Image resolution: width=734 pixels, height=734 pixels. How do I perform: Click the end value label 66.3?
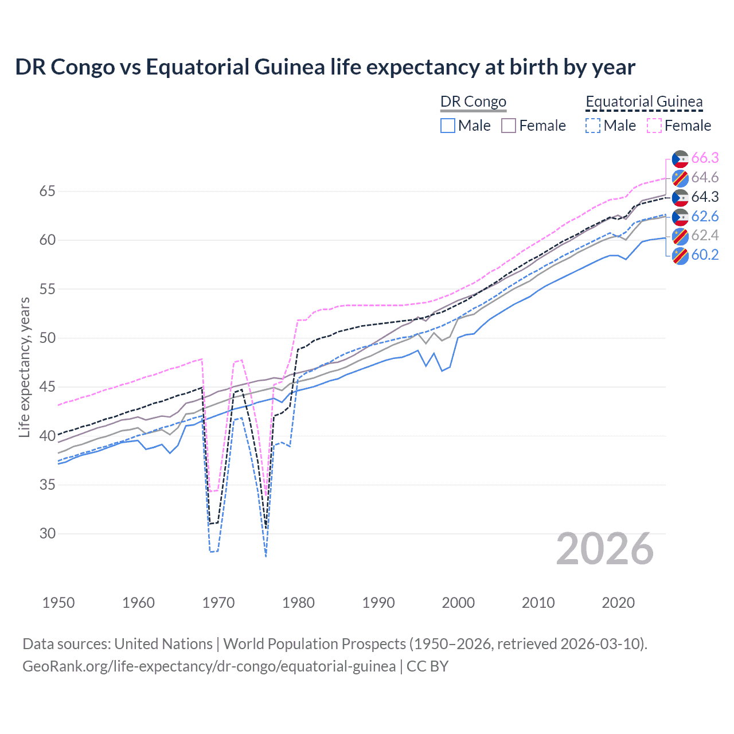[705, 158]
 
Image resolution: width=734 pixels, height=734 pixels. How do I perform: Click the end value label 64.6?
[705, 178]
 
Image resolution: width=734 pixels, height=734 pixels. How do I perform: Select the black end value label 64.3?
[705, 197]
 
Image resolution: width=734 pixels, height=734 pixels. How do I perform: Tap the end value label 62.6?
[705, 217]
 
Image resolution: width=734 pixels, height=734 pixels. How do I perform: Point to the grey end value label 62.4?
[705, 236]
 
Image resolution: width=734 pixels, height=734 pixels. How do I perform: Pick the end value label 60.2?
[705, 255]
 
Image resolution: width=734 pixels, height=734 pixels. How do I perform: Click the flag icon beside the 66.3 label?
[680, 159]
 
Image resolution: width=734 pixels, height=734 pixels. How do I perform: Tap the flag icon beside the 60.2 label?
[680, 256]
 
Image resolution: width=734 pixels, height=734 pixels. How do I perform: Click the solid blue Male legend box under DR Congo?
[448, 126]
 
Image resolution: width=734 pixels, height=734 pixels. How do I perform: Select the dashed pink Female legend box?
[654, 126]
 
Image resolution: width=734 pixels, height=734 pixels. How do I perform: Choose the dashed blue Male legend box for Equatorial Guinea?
[593, 126]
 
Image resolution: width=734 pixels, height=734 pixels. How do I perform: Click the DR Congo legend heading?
[473, 102]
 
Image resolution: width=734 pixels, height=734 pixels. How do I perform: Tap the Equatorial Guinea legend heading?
[644, 102]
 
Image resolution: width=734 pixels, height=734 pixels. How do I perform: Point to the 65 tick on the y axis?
[48, 191]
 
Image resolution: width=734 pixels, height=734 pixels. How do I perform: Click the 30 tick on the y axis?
[48, 533]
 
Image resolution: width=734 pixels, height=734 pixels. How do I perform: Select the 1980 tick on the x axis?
[298, 603]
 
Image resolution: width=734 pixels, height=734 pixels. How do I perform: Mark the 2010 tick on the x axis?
[538, 603]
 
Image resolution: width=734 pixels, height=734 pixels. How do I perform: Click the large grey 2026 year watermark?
[605, 549]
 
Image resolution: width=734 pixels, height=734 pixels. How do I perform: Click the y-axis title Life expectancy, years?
[24, 367]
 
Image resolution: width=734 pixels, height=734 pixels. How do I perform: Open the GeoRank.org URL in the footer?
[209, 666]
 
